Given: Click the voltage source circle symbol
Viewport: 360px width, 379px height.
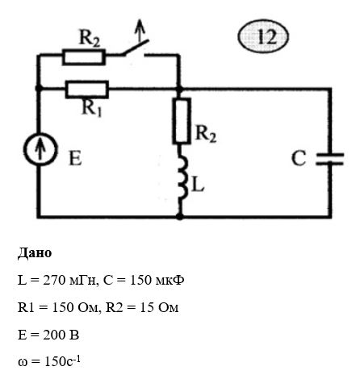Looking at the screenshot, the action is (40, 149).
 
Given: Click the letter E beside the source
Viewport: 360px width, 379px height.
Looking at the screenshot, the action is (75, 158).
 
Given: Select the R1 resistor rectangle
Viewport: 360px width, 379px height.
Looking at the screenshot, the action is (87, 90).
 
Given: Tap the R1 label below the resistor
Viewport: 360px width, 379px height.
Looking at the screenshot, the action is (92, 108).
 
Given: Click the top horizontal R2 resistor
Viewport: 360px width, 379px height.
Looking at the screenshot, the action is (84, 56).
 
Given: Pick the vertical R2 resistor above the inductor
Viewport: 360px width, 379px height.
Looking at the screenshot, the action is (182, 120).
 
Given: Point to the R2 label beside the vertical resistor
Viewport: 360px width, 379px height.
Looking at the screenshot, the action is (206, 134).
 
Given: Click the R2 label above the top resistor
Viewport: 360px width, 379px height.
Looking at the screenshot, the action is (90, 39).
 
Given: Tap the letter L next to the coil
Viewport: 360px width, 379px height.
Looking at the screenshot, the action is (198, 185).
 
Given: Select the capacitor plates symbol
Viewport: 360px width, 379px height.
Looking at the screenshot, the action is (329, 159).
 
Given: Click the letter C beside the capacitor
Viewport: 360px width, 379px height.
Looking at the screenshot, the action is (299, 158).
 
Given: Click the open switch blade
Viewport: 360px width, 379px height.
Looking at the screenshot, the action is (136, 48).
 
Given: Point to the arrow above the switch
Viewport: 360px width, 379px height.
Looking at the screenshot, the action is (140, 31).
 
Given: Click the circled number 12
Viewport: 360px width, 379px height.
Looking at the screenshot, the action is (263, 36).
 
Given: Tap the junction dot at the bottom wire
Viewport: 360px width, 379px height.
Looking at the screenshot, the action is (180, 216).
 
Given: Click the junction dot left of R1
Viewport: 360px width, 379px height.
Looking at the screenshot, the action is (39, 88).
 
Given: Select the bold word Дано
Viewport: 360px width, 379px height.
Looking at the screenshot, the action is (35, 253).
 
